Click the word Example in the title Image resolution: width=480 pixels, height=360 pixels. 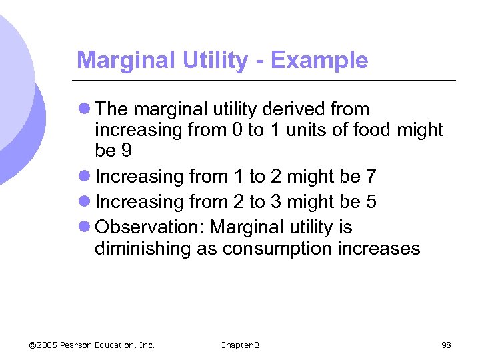pos(320,61)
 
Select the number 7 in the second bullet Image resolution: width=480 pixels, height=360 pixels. pos(371,177)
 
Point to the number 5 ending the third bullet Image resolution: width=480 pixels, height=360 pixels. pos(371,202)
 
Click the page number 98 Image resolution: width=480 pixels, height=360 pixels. pos(446,345)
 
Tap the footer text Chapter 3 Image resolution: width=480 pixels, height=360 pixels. pos(240,345)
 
